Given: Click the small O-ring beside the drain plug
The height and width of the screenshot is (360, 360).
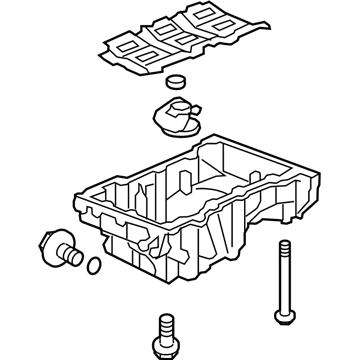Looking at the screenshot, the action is [93, 266].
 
